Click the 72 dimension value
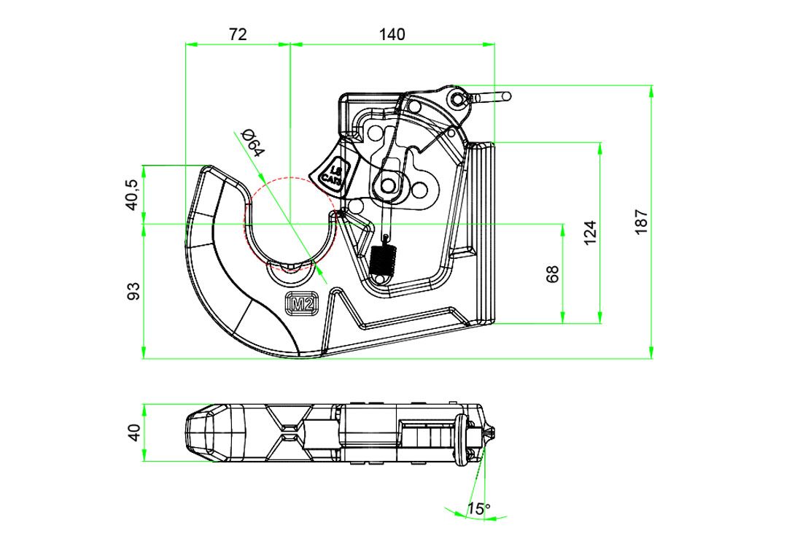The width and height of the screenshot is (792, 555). click(x=238, y=34)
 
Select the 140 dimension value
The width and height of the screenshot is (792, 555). click(x=392, y=34)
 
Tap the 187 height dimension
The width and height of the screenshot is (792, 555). click(x=641, y=222)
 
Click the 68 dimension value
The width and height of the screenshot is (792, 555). click(x=553, y=273)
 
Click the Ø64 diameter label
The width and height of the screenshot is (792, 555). click(x=252, y=141)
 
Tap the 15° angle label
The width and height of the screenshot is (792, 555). click(x=479, y=509)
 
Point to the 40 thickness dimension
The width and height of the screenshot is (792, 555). click(x=133, y=432)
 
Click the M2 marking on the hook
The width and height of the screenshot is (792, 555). click(x=301, y=304)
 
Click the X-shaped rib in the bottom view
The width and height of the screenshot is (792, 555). click(x=290, y=432)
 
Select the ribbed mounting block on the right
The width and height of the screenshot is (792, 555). click(x=481, y=232)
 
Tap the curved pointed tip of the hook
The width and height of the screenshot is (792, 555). click(x=212, y=169)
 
